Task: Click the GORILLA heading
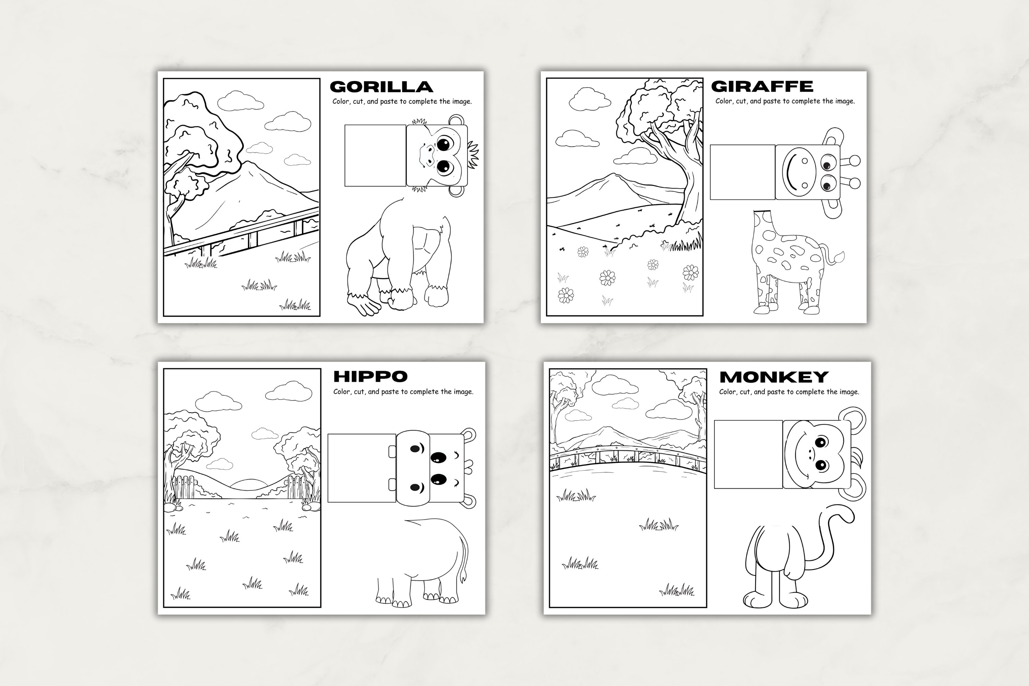[381, 87]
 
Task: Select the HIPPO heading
[370, 376]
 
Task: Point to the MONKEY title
[773, 377]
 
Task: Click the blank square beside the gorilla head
[375, 155]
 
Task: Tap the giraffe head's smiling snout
[799, 173]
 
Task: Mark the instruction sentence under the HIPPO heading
[403, 392]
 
